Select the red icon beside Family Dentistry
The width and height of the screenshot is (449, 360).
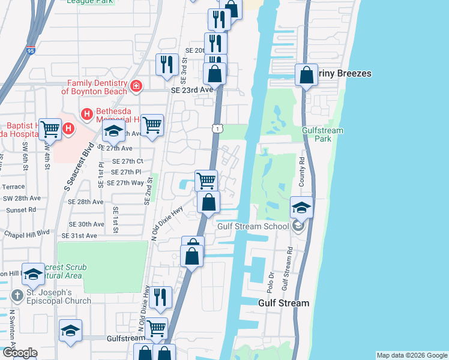tap(136, 86)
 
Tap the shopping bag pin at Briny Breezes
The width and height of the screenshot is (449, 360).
tap(306, 76)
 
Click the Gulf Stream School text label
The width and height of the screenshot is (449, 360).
tap(256, 226)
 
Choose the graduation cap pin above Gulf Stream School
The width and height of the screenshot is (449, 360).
tap(302, 208)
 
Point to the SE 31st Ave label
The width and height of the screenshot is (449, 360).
tap(82, 236)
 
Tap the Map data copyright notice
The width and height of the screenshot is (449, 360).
tap(412, 355)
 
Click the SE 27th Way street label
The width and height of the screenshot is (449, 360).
tap(127, 182)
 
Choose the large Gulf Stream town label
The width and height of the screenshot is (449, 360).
tap(283, 303)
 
